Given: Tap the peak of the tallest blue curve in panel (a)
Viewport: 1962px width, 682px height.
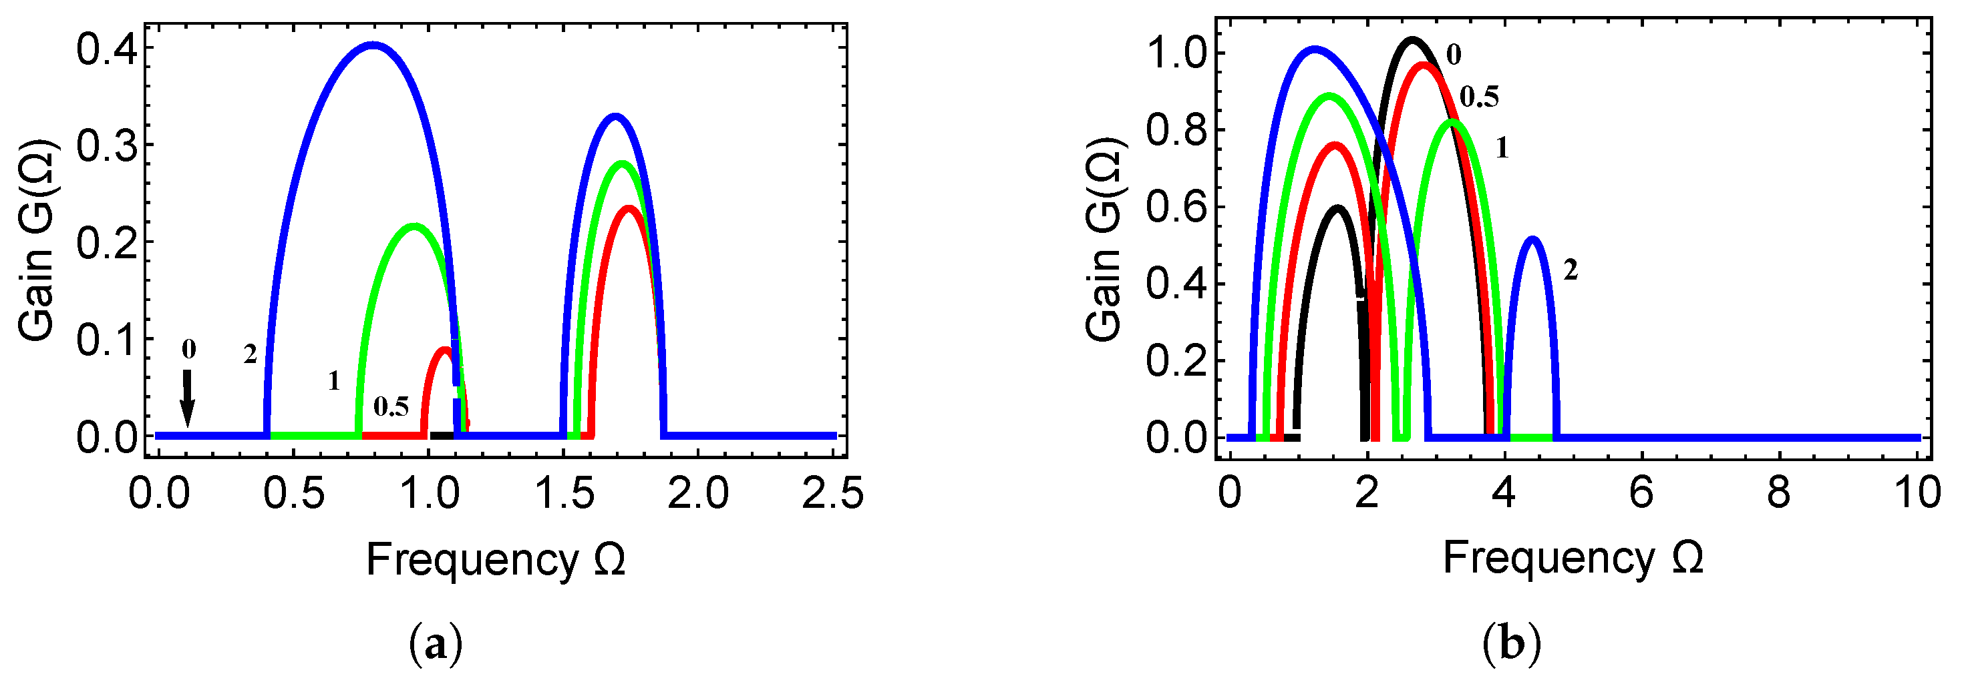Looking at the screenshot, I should click(373, 45).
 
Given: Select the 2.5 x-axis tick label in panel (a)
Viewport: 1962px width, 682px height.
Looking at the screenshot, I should click(832, 493).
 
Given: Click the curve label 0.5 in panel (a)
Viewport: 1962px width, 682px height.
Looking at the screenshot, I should click(391, 407).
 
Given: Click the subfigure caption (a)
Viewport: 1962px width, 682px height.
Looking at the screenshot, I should click(436, 645).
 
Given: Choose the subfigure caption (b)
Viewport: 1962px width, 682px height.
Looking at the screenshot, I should click(1512, 644).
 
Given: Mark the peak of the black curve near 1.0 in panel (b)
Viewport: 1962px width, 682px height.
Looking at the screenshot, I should click(1413, 39).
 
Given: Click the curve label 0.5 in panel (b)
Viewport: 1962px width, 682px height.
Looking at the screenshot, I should click(1479, 97).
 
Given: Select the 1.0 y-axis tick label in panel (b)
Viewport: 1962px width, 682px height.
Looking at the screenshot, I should click(1176, 53).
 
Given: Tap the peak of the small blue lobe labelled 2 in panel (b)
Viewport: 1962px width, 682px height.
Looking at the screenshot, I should click(1532, 239).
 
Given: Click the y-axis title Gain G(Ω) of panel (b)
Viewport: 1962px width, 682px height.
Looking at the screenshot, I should click(1104, 239).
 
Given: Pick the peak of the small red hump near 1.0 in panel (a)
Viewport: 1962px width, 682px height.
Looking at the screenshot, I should click(445, 350).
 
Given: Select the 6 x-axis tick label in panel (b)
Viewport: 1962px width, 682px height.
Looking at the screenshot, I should click(1641, 493).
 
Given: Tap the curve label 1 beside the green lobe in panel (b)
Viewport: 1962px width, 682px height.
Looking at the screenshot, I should click(1502, 147).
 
